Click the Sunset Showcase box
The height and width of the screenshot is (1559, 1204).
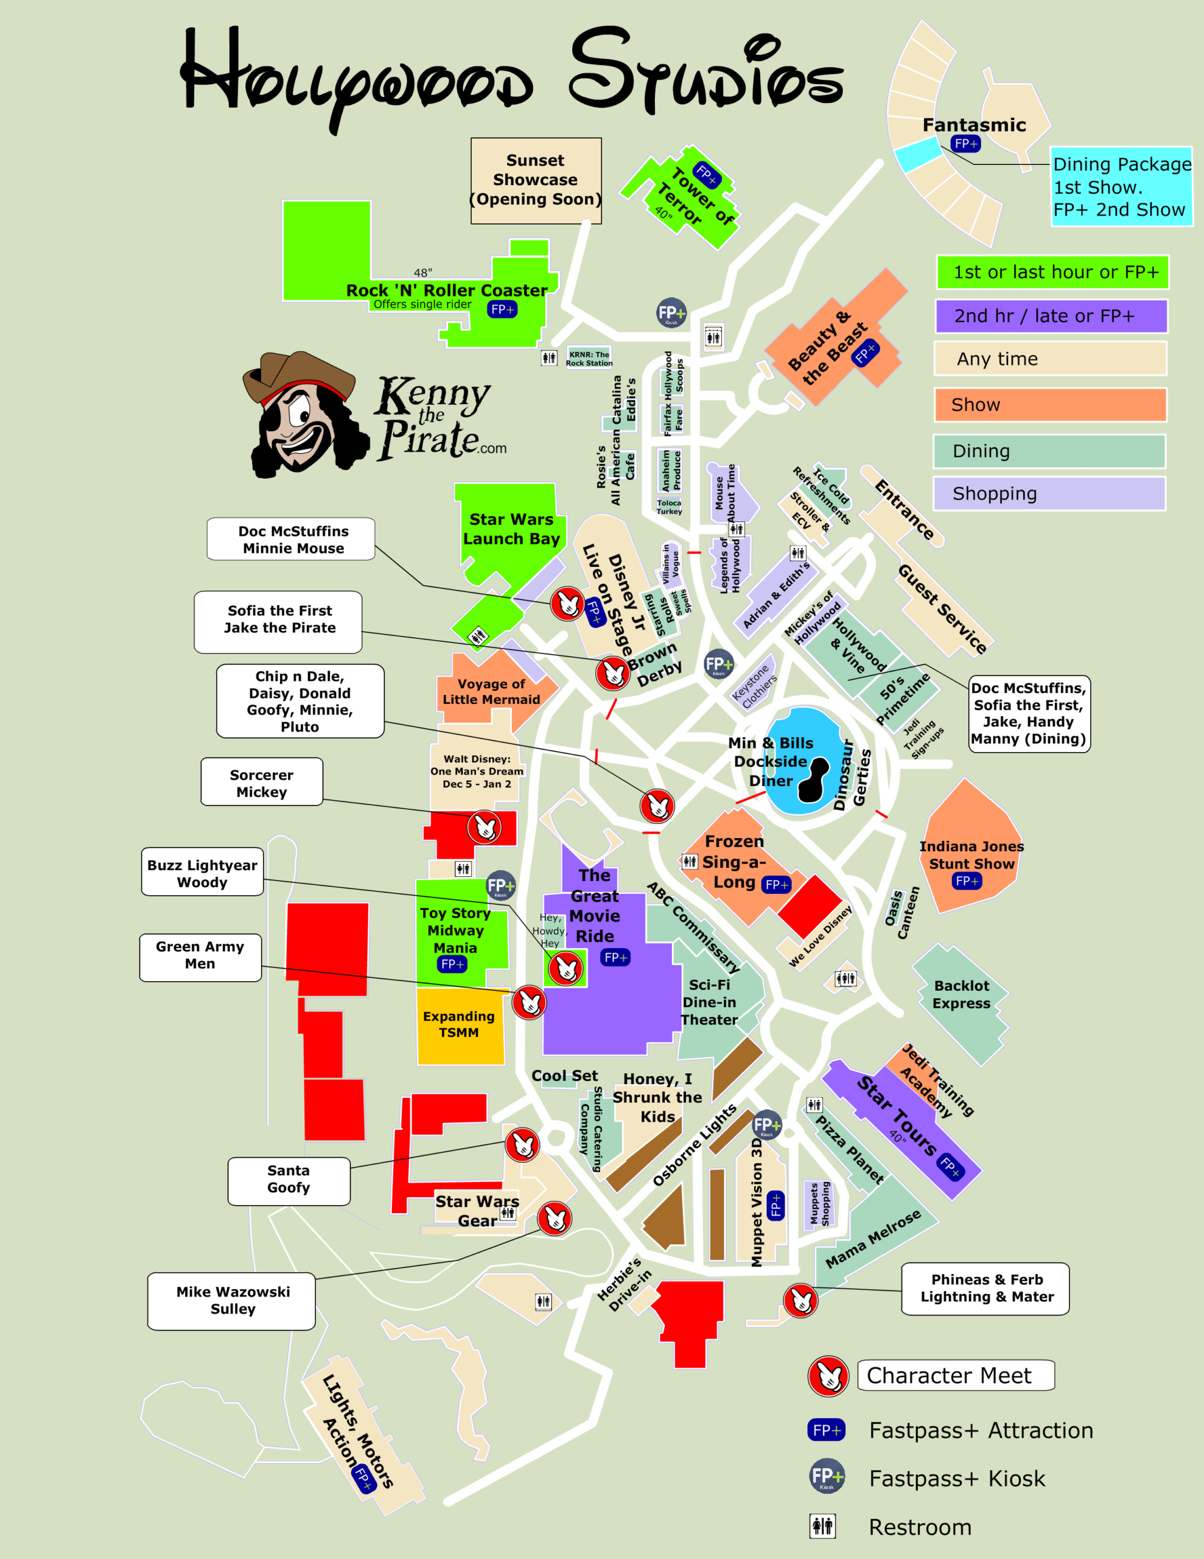535,180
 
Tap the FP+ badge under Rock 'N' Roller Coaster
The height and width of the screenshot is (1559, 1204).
502,309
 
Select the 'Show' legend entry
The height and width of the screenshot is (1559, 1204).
1050,405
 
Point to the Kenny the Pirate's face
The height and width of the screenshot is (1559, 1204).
303,421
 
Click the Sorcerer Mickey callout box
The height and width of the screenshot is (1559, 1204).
262,783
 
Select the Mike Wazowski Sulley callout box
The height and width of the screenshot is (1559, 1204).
232,1300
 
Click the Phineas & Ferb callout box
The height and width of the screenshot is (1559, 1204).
985,1289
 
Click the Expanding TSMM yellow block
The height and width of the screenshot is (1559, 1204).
459,1024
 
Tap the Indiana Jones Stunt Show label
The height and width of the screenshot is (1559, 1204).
971,854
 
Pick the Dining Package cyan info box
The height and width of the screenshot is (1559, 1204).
1121,187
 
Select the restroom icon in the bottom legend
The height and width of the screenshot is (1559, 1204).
822,1526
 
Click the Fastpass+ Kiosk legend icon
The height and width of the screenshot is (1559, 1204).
827,1476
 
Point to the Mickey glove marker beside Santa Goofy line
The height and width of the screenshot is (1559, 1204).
522,1144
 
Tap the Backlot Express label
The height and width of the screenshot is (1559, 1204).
961,994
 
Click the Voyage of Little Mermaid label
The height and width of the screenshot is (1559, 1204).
491,692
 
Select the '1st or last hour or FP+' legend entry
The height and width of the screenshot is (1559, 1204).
1052,272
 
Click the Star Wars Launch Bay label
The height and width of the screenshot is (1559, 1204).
511,529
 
